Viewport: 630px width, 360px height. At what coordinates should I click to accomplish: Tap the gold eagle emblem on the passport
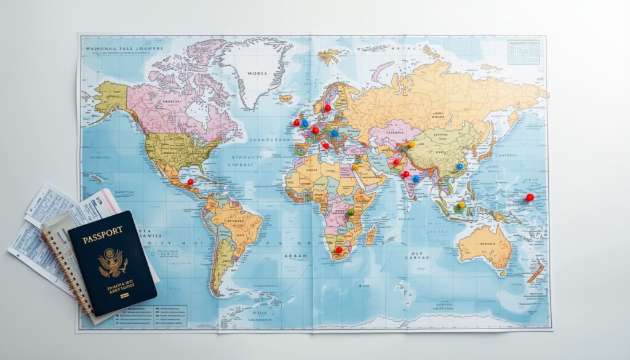[x=113, y=262]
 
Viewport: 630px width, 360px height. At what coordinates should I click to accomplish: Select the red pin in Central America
[x=190, y=182]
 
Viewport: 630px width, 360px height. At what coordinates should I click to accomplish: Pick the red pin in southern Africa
[x=338, y=249]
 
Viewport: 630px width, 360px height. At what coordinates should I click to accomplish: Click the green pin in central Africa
[x=351, y=212]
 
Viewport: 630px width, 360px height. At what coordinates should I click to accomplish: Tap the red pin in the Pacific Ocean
[x=529, y=197]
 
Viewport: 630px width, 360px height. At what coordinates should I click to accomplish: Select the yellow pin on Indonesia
[x=461, y=204]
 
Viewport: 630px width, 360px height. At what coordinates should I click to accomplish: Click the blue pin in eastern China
[x=459, y=166]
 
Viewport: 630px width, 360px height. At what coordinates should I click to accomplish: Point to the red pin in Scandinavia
[x=327, y=107]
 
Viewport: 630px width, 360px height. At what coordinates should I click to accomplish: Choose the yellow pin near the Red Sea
[x=355, y=167]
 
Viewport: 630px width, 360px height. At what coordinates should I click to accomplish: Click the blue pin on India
[x=416, y=179]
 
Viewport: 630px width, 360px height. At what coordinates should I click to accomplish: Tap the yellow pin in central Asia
[x=412, y=145]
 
